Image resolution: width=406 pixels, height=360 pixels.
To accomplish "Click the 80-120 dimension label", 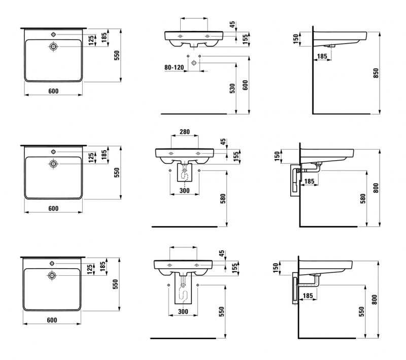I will pyautogui.click(x=174, y=67).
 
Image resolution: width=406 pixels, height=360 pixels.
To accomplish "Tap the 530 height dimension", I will pyautogui.click(x=233, y=88).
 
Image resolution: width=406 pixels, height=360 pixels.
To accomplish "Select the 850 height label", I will pyautogui.click(x=376, y=74).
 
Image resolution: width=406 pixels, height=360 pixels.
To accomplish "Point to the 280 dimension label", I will pyautogui.click(x=185, y=132).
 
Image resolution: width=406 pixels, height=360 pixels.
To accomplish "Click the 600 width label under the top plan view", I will pyautogui.click(x=53, y=91).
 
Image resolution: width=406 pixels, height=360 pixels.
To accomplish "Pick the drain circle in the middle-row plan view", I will pyautogui.click(x=53, y=163).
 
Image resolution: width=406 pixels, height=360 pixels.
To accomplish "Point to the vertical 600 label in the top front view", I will pyautogui.click(x=246, y=86).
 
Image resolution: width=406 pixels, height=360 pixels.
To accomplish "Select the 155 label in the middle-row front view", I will pyautogui.click(x=236, y=156).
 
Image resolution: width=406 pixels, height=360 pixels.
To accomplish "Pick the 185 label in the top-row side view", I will pyautogui.click(x=321, y=57).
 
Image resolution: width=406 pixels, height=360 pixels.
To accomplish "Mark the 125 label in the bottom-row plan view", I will pyautogui.click(x=89, y=269).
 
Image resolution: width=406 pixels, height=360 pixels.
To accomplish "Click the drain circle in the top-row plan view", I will pyautogui.click(x=53, y=47).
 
